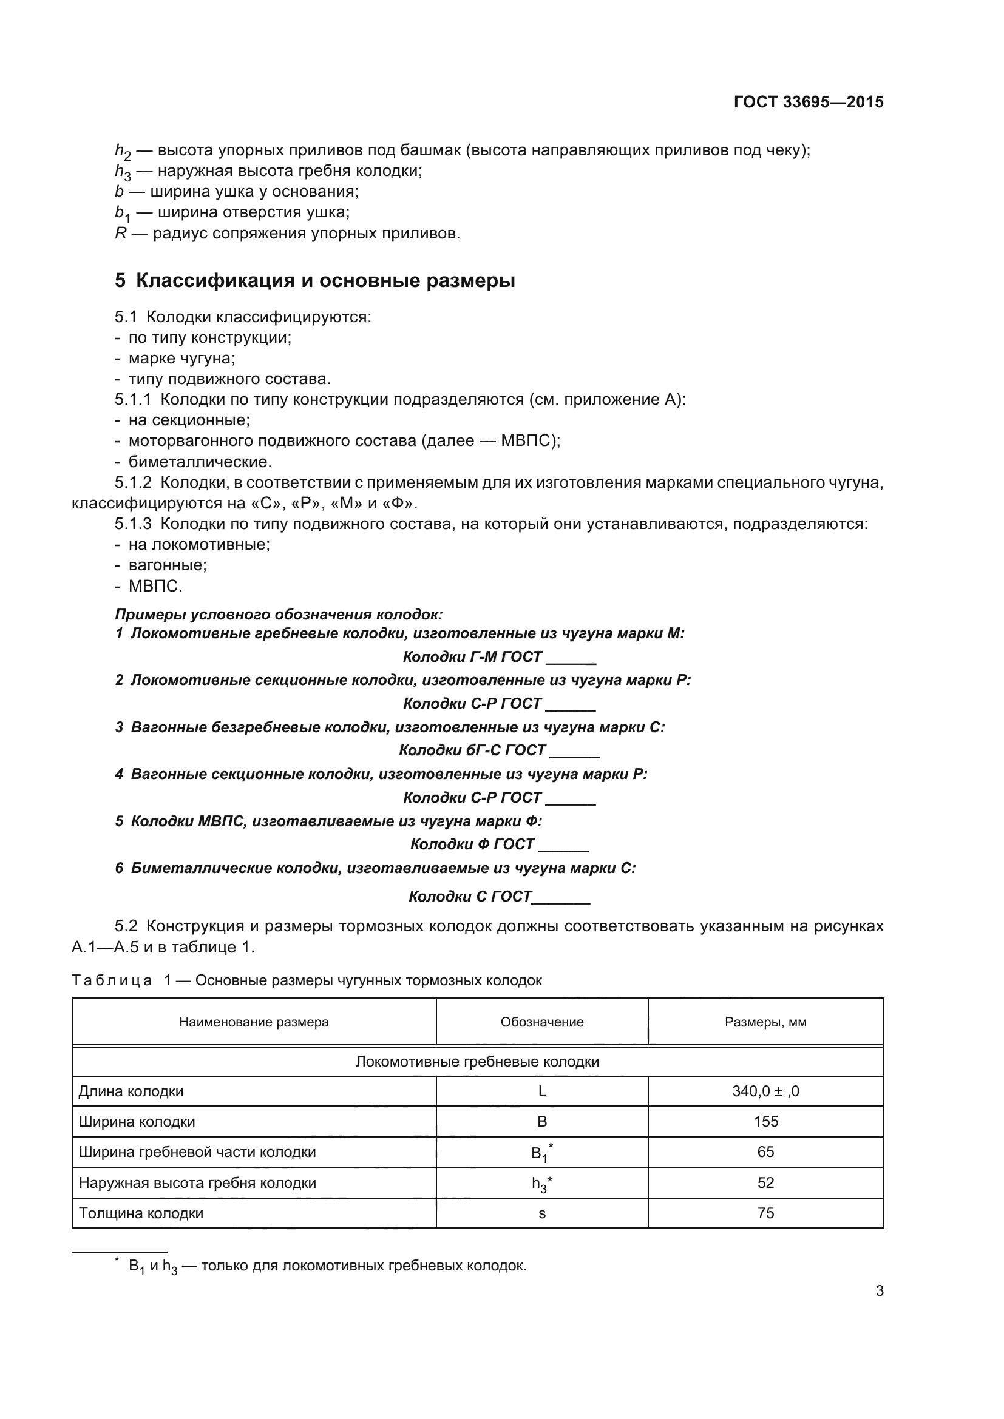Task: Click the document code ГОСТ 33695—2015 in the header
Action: [808, 102]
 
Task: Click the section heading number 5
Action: [120, 281]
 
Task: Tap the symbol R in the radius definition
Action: [121, 234]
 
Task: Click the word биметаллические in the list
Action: [200, 462]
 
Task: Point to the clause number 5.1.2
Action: [133, 482]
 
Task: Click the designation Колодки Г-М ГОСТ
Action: [472, 656]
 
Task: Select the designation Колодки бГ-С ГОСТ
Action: [472, 750]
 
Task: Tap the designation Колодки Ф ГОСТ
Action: [472, 844]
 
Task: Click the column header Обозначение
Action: [541, 1022]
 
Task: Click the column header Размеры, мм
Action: [765, 1022]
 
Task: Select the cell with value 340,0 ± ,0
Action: [765, 1091]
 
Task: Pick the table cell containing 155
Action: [765, 1122]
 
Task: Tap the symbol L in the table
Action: [542, 1091]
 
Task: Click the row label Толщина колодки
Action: [141, 1213]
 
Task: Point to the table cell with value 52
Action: [765, 1183]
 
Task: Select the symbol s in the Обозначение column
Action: [542, 1214]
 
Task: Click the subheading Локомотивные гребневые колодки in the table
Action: [477, 1062]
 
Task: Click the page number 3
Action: [879, 1291]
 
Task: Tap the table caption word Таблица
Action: [112, 981]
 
